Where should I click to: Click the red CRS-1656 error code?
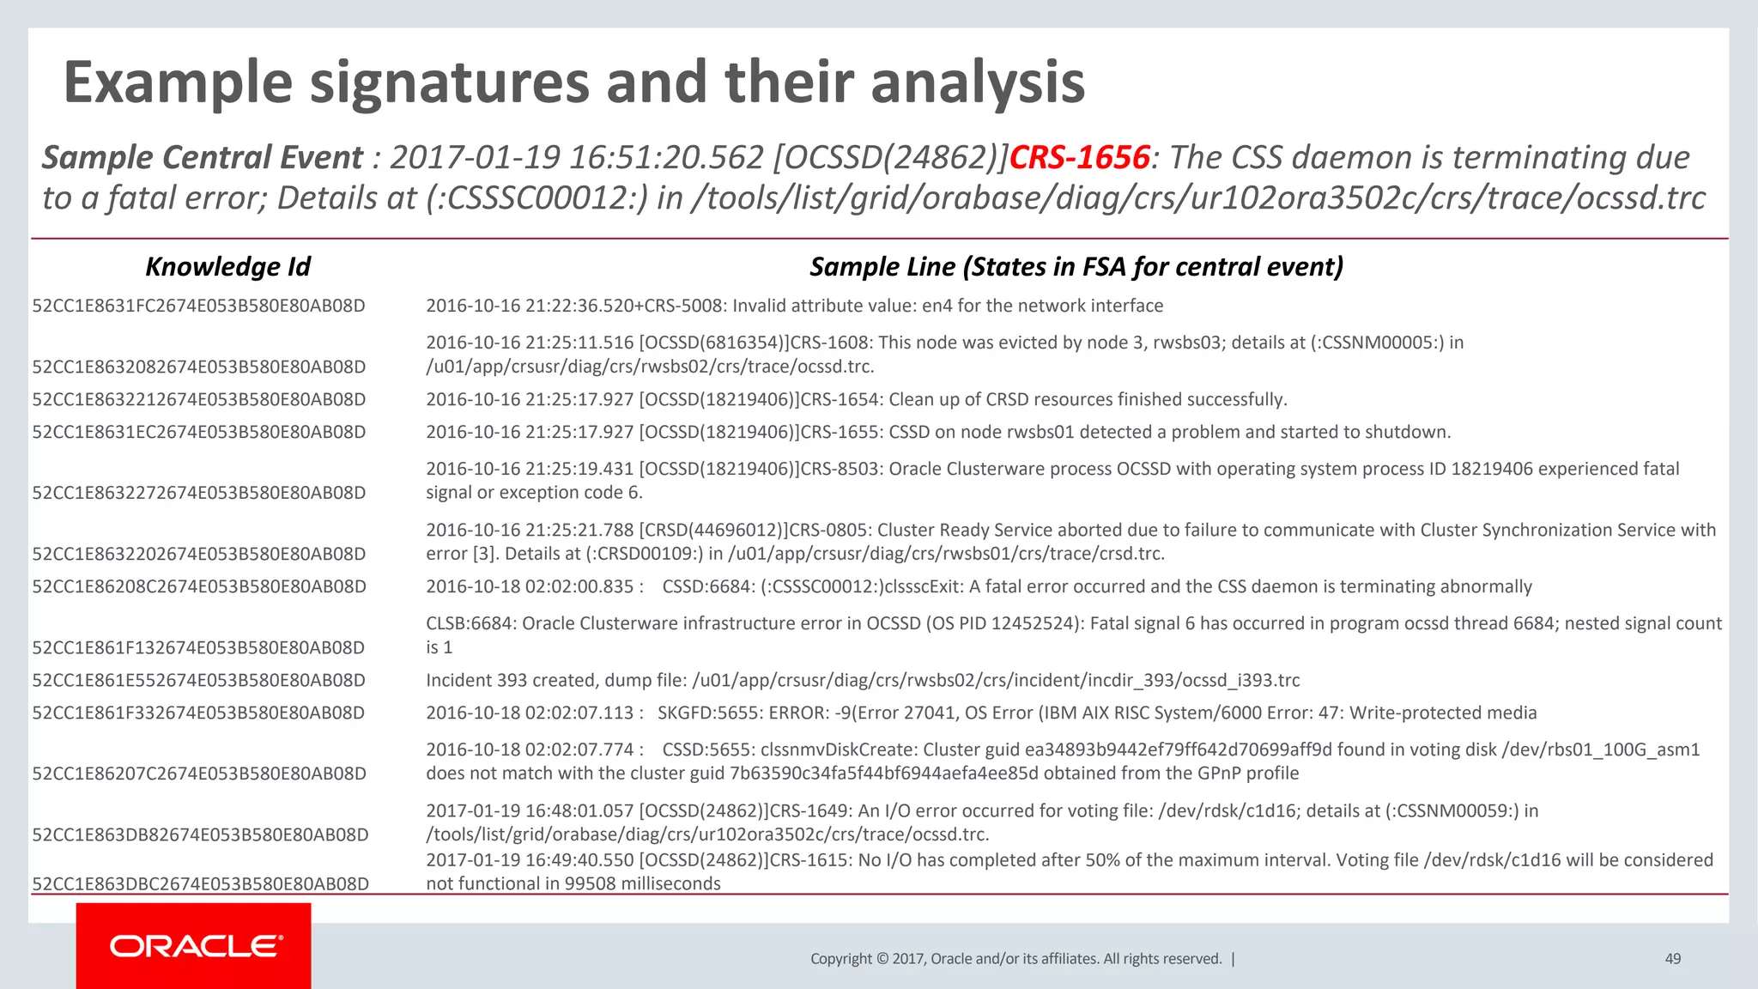click(1079, 157)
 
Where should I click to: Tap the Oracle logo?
click(195, 946)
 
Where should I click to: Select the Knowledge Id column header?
click(227, 267)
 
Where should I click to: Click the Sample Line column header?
click(1076, 267)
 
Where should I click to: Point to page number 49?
click(1672, 959)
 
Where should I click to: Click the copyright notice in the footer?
click(1015, 959)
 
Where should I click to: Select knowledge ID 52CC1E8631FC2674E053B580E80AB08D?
click(198, 306)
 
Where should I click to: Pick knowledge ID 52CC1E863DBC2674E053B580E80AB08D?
click(200, 883)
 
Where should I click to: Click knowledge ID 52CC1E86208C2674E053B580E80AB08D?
click(199, 586)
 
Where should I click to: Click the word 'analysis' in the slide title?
click(978, 82)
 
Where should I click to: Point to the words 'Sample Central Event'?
click(203, 157)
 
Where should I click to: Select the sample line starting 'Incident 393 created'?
click(863, 680)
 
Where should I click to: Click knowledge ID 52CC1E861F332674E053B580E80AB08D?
click(198, 713)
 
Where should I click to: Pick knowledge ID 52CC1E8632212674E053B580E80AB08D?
click(199, 399)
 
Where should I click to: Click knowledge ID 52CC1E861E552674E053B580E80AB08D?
click(198, 680)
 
